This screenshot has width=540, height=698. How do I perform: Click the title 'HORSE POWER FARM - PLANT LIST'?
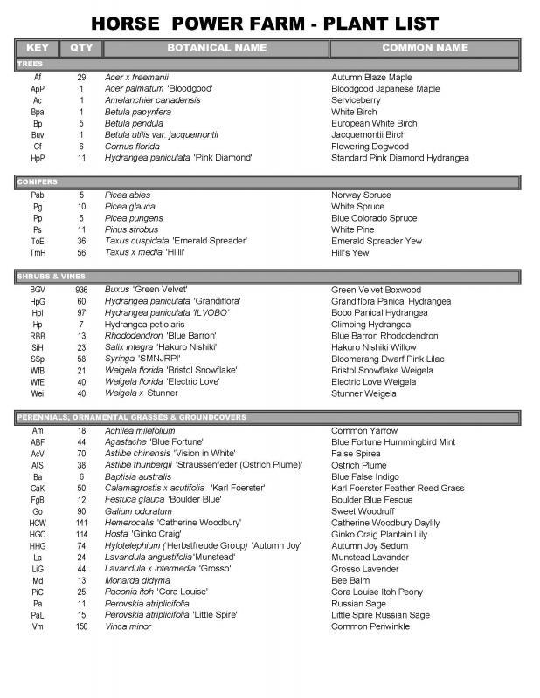tap(270, 24)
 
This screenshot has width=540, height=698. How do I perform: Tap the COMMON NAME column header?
tap(425, 46)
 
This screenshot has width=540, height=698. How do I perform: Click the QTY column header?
tap(81, 46)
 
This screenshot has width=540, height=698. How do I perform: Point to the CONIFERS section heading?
tap(36, 181)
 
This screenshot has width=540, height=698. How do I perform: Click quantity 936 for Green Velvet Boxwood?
tap(81, 290)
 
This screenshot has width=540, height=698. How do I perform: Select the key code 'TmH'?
tap(38, 252)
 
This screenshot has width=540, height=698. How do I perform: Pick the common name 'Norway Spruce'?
tap(361, 195)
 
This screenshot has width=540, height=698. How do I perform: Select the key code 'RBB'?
tap(38, 335)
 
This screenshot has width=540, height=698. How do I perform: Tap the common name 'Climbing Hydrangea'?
tap(370, 324)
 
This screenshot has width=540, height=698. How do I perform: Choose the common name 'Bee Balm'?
tap(351, 580)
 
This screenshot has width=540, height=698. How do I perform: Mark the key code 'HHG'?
tap(38, 545)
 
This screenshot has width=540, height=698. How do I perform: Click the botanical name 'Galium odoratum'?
tap(139, 511)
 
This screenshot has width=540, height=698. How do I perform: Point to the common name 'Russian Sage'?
tap(359, 603)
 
